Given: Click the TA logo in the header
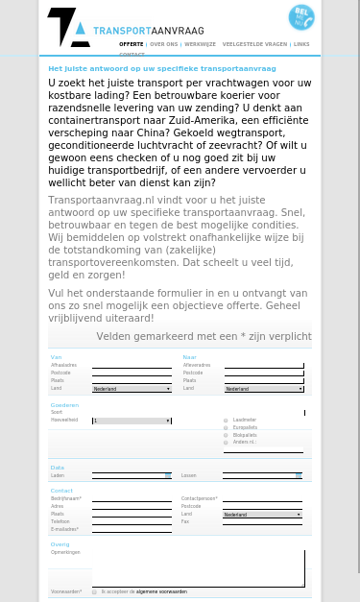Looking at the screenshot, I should coord(68,28).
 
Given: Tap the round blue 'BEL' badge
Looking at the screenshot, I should coord(301,17).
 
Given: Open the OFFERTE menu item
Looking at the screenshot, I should coord(131,44).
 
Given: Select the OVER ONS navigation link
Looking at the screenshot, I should coord(164,44).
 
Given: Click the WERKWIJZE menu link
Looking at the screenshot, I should coord(201,44).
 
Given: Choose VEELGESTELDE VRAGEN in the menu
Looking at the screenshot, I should coord(254,44).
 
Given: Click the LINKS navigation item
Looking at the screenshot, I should coord(301,44).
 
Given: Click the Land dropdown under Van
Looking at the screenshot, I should coord(132,389).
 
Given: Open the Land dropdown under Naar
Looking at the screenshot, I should coord(264,389).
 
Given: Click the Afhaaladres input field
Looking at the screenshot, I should coord(132,366).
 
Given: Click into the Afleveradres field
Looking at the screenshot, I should coord(264,366).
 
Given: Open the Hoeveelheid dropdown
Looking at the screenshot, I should coord(132,421).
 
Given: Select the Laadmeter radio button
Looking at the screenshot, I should coord(226,421).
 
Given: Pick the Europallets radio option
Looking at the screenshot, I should coord(226,427).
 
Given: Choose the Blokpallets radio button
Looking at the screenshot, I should coord(226,435).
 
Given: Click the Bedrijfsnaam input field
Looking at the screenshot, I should coord(132,499).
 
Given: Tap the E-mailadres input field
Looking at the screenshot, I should coord(132,529).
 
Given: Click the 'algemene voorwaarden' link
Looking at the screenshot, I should coord(161,591).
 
